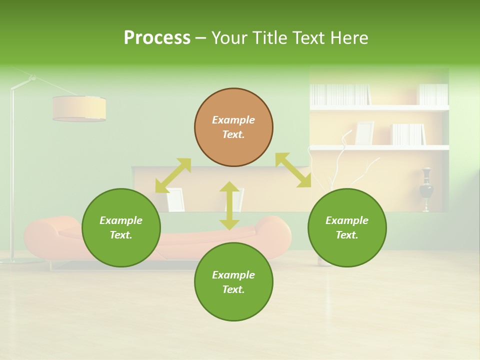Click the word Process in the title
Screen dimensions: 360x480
tap(157, 38)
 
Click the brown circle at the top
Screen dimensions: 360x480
tap(233, 127)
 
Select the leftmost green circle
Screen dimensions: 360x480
tap(121, 227)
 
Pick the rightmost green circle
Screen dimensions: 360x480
tap(347, 227)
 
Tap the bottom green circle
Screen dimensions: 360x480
tap(233, 282)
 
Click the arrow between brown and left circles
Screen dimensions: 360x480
tap(173, 175)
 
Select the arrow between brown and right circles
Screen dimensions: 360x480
tap(293, 170)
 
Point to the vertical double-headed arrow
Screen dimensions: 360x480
tap(229, 205)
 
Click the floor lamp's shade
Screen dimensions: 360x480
tap(79, 108)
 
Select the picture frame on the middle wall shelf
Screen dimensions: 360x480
tap(364, 133)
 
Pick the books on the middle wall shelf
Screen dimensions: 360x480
tap(408, 134)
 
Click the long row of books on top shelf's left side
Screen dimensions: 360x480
tap(340, 94)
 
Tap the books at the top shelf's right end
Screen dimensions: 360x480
tap(433, 94)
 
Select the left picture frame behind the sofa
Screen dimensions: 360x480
tap(175, 199)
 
